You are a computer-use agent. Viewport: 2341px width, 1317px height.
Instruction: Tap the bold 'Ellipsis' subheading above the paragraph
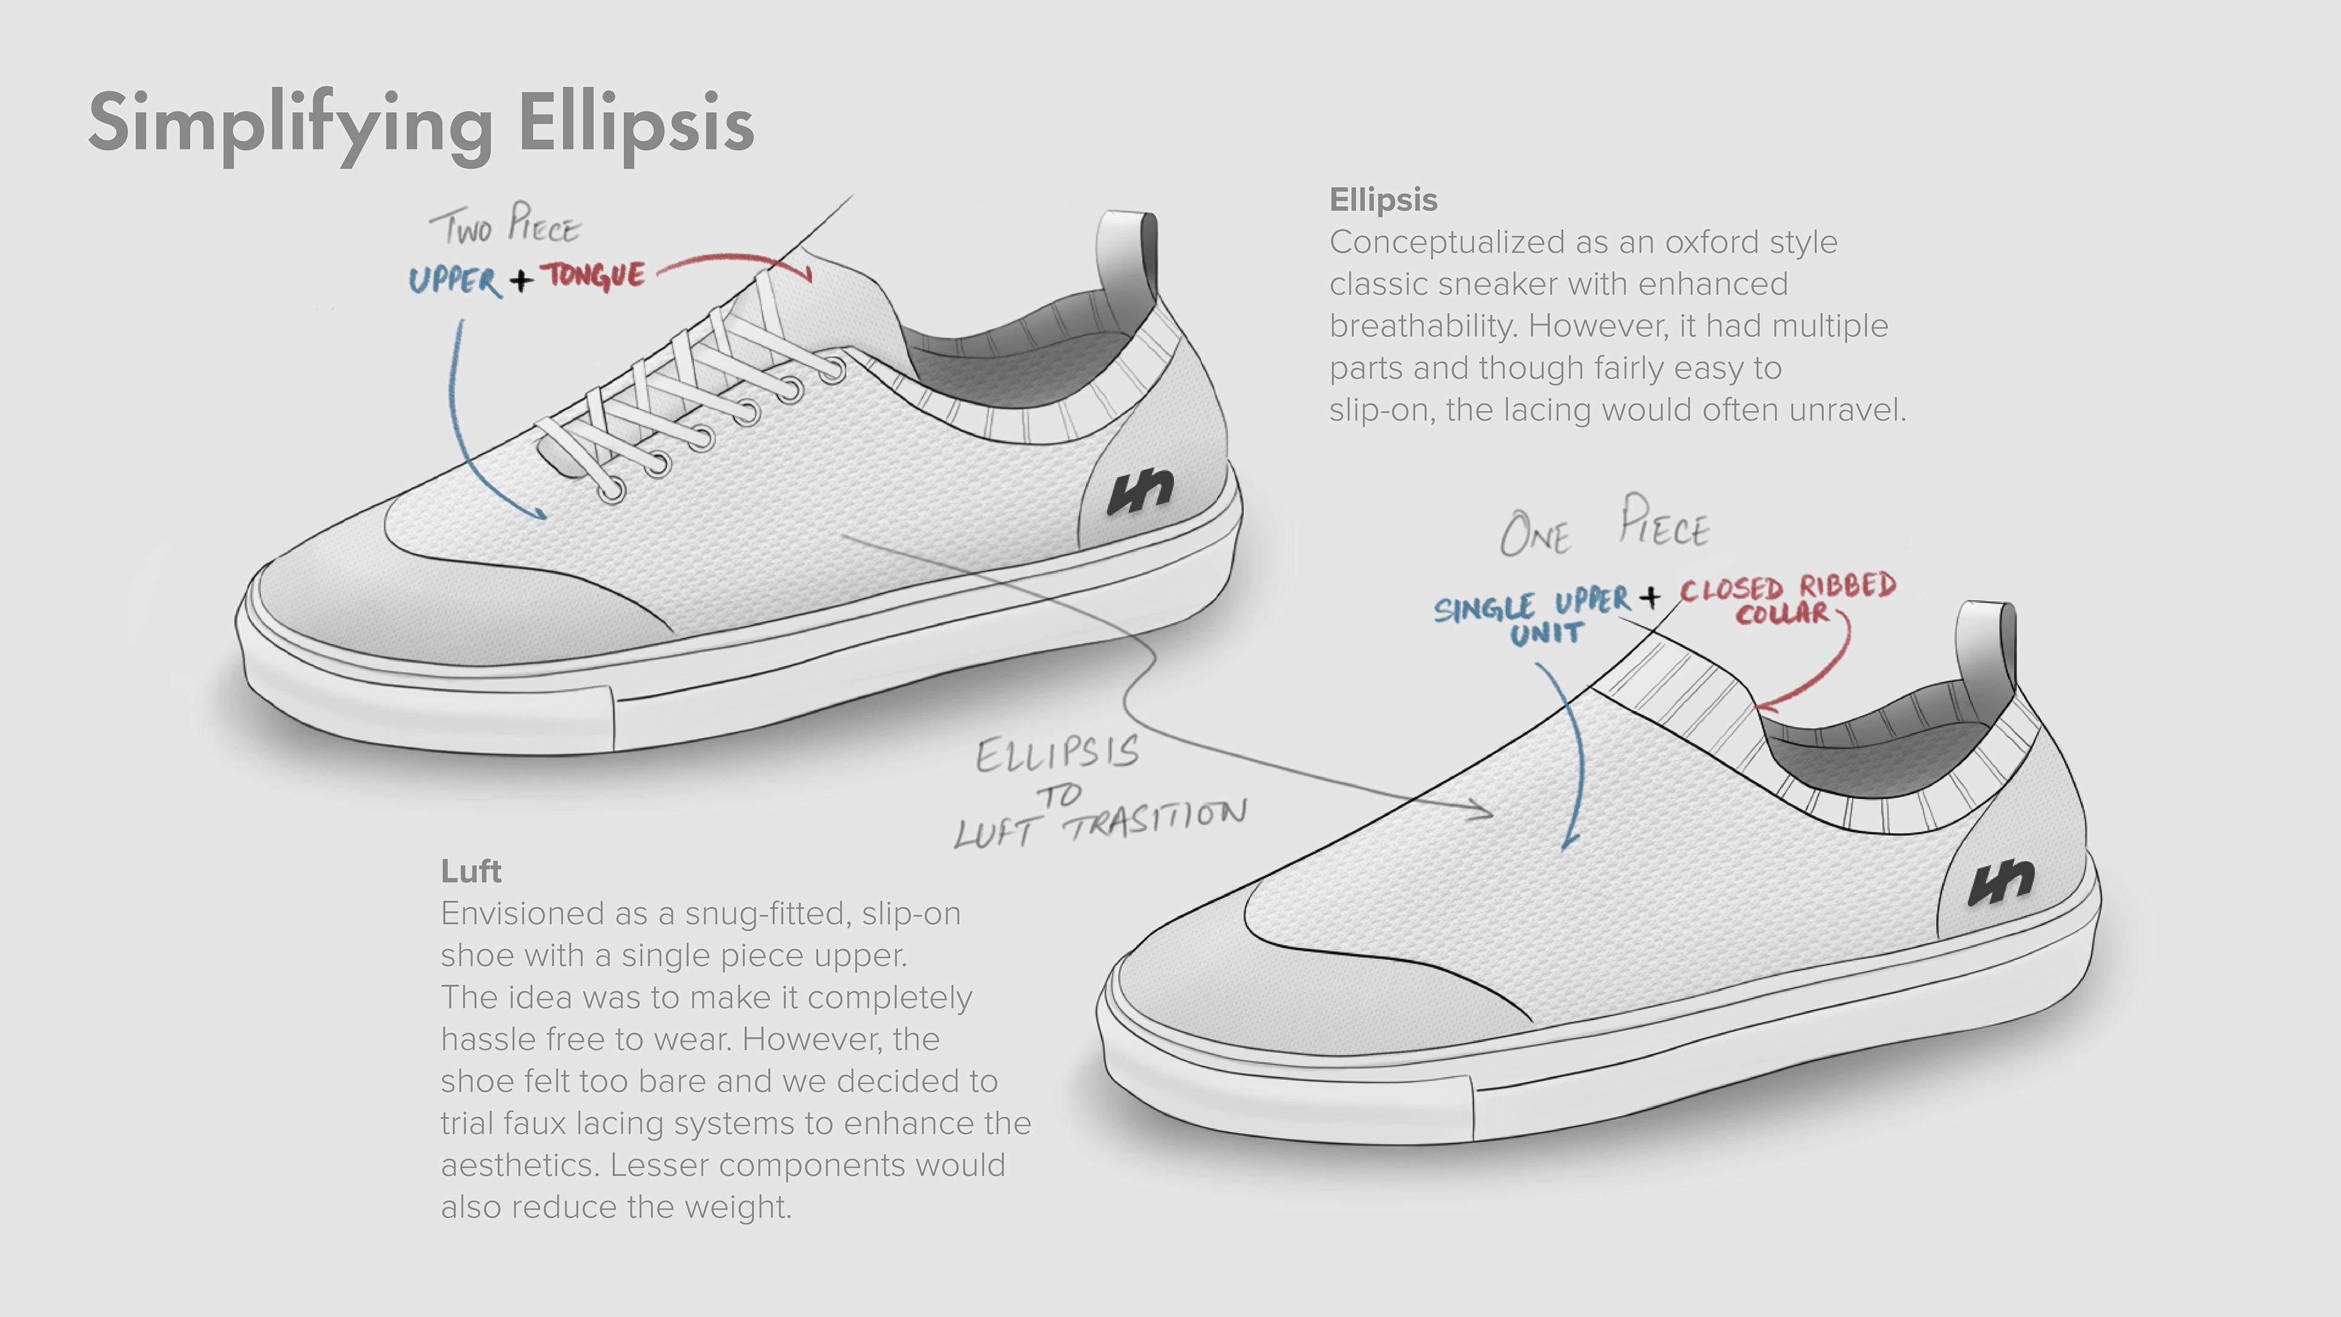coord(1383,200)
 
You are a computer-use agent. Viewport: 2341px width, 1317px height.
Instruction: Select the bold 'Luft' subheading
coord(471,872)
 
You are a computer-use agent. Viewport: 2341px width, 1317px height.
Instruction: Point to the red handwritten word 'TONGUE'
coord(594,274)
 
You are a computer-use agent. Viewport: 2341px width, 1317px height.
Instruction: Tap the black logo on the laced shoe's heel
coord(1139,491)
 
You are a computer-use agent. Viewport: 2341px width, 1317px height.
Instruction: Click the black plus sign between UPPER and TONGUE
coord(521,279)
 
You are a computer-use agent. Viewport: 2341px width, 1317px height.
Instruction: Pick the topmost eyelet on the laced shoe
coord(833,370)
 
